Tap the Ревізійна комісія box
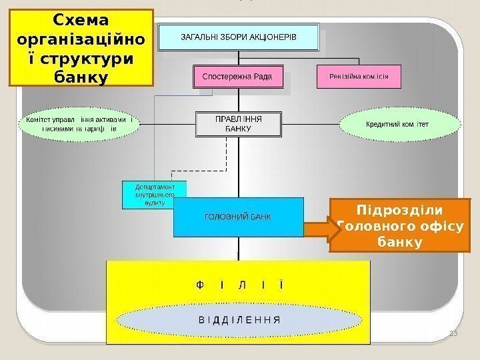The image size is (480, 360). [359, 77]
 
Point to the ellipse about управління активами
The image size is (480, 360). [80, 124]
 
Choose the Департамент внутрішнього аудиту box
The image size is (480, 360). [154, 194]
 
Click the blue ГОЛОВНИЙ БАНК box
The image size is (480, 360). [238, 217]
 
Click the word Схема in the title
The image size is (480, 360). [81, 19]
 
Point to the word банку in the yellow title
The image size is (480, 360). [81, 77]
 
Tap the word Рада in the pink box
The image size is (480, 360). [263, 77]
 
